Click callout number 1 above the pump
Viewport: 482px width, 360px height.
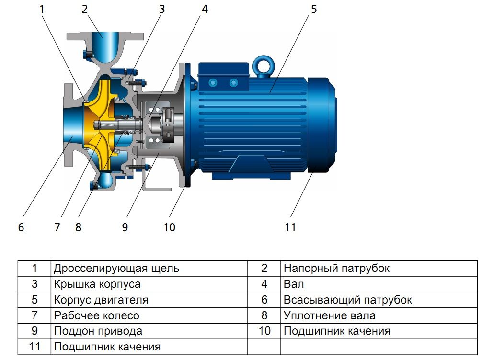coord(42,9)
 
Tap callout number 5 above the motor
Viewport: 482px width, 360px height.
coord(314,9)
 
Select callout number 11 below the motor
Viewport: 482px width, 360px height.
coord(290,227)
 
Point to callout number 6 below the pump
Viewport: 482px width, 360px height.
coord(21,227)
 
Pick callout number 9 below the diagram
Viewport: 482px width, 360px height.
coord(125,227)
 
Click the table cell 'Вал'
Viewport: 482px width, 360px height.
coord(294,284)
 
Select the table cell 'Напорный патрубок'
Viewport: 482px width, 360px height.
coord(336,269)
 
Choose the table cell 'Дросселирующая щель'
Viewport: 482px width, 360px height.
coord(116,269)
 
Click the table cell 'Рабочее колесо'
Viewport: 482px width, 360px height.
coord(96,315)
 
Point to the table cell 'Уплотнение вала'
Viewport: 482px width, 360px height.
coord(329,315)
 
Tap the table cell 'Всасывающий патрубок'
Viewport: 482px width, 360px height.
coord(347,300)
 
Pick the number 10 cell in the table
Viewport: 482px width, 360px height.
coord(264,331)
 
